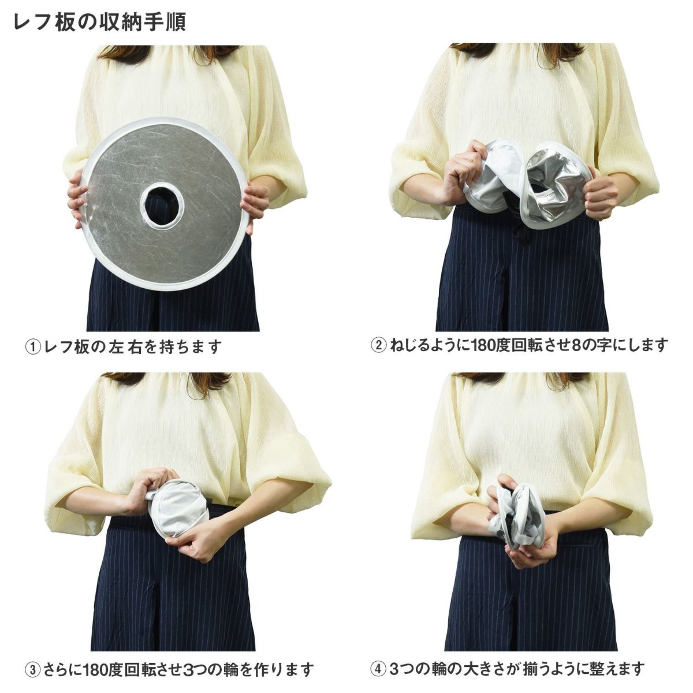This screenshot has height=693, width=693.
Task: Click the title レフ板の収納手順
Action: click(x=99, y=23)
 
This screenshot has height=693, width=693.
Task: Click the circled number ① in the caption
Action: click(x=32, y=348)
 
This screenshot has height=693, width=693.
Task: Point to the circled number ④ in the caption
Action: click(x=378, y=658)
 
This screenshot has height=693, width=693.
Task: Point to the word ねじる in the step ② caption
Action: click(x=408, y=345)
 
